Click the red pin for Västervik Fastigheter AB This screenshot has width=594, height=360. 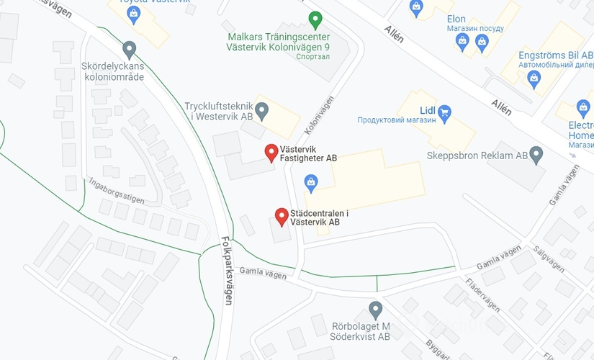point(271,153)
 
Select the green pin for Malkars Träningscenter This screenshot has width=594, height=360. point(315,19)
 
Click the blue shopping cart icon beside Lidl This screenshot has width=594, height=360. point(444,111)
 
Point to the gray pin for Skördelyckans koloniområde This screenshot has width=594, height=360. point(130,50)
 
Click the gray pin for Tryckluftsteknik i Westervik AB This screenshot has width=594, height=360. point(262,111)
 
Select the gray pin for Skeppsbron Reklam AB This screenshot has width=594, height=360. point(536,154)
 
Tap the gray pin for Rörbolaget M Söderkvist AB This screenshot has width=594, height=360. point(375,310)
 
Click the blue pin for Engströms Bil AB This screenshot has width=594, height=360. point(534,79)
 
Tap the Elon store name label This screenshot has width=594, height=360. point(456,19)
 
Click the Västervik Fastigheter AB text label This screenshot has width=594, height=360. point(308,153)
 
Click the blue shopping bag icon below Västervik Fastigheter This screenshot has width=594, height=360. point(310,183)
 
